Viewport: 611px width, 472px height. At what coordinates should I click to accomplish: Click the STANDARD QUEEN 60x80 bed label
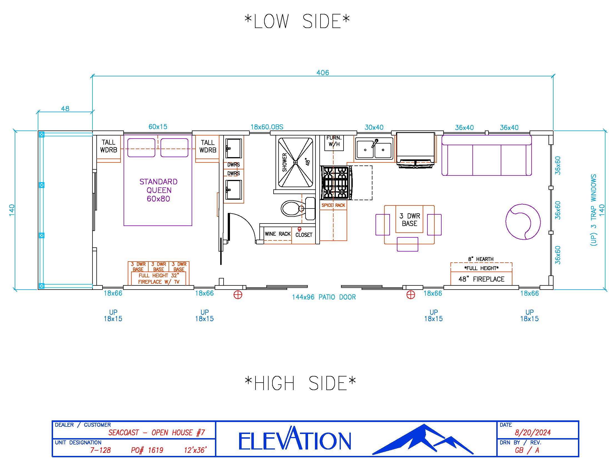click(158, 190)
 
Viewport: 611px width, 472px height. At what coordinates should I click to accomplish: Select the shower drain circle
click(296, 162)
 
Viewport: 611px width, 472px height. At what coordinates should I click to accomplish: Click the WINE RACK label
click(277, 234)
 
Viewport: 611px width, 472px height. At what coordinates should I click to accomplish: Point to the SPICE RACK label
click(333, 205)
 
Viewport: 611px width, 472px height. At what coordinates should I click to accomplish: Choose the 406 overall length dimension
click(322, 73)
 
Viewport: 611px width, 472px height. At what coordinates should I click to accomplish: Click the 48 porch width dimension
click(65, 109)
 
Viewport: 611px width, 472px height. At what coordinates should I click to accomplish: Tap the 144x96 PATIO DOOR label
click(324, 297)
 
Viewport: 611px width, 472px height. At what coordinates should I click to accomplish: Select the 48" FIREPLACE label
click(481, 279)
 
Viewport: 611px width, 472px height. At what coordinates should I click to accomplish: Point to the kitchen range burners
click(335, 182)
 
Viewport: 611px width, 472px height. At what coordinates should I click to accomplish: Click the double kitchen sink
click(374, 149)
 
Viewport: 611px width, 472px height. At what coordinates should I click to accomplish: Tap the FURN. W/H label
click(334, 141)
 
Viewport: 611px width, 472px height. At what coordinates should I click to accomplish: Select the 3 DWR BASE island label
click(410, 220)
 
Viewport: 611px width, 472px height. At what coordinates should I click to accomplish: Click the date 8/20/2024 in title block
click(533, 433)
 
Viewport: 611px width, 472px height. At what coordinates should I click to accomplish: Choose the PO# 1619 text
click(147, 450)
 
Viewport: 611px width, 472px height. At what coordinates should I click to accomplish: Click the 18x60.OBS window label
click(267, 127)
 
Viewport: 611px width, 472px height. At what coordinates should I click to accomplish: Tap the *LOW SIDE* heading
click(297, 22)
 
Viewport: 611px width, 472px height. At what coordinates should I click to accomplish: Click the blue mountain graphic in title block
click(422, 440)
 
